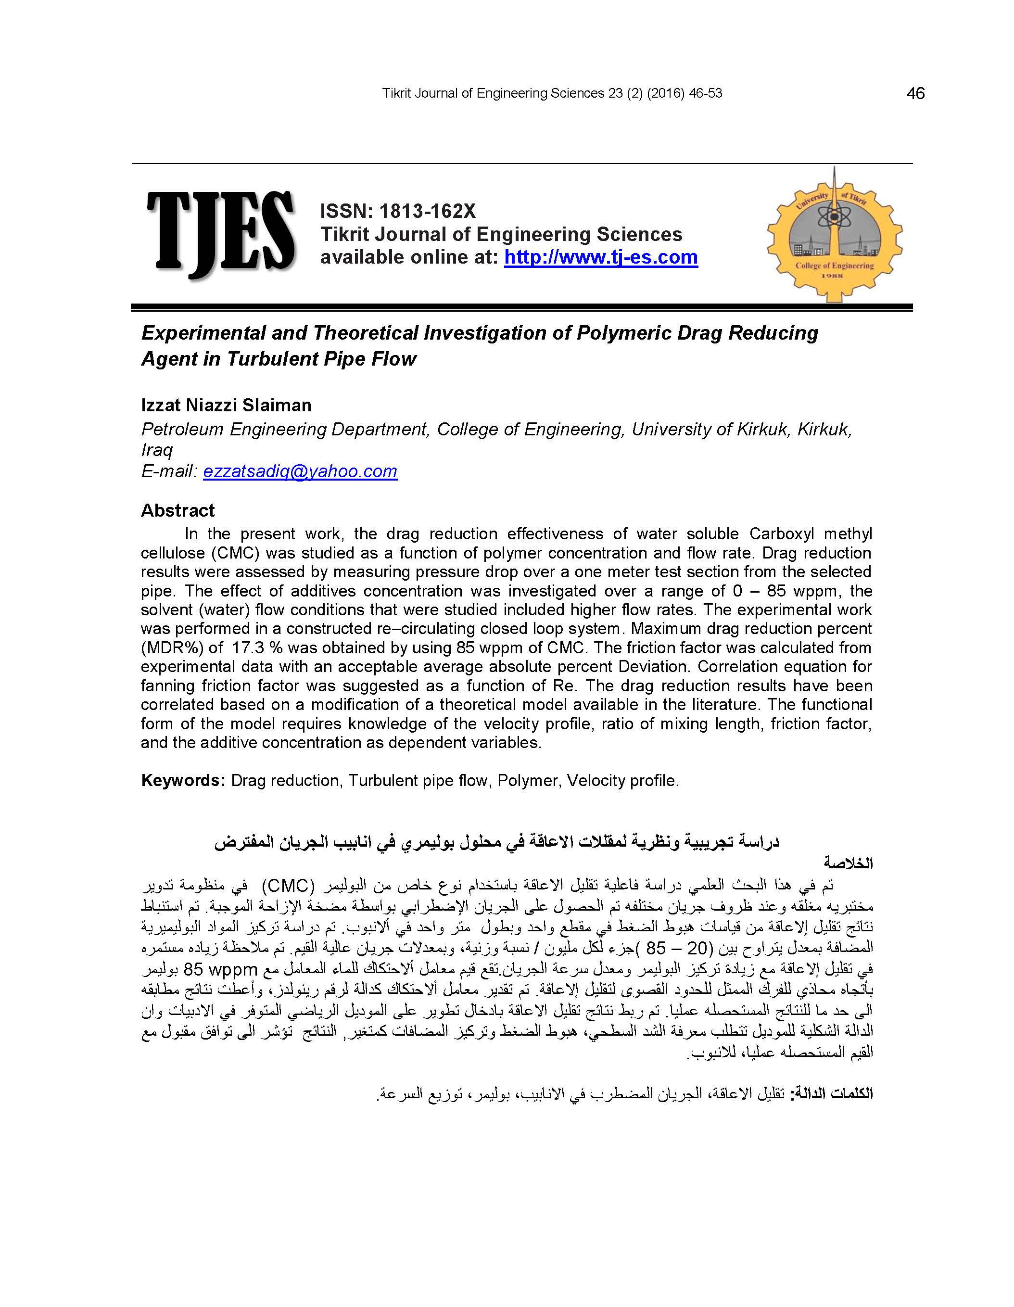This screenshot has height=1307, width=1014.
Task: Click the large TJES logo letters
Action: pyautogui.click(x=220, y=233)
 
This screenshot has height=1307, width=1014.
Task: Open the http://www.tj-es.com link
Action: pyautogui.click(x=600, y=257)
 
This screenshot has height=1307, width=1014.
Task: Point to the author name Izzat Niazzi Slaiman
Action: pyautogui.click(x=226, y=405)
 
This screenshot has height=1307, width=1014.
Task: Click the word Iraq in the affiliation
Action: pyautogui.click(x=156, y=450)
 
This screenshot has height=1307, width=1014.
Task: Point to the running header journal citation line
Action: pyautogui.click(x=552, y=93)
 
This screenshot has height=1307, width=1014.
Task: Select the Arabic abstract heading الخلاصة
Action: pyautogui.click(x=848, y=863)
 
